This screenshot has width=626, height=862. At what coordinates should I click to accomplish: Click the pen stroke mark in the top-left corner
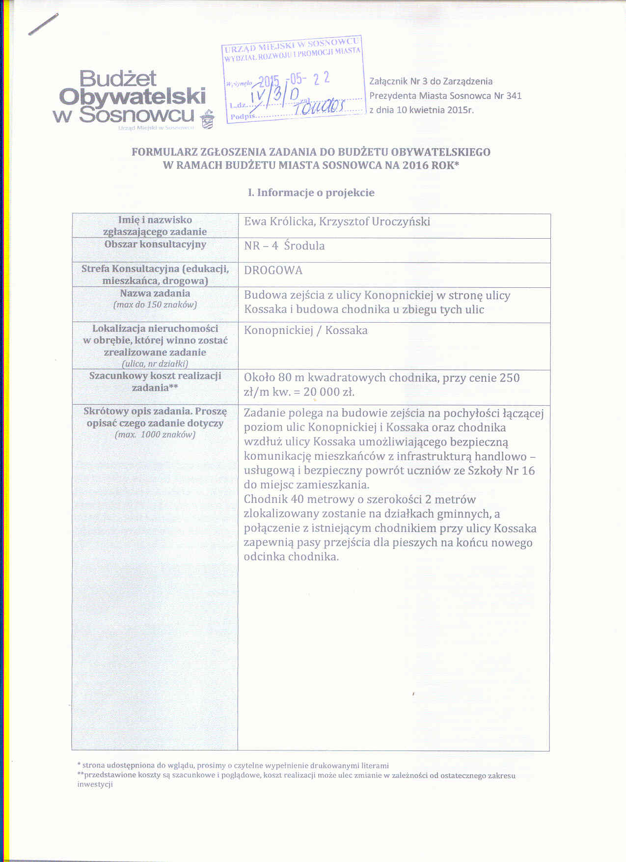tap(43, 24)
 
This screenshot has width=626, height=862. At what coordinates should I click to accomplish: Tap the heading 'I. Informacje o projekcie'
tap(311, 193)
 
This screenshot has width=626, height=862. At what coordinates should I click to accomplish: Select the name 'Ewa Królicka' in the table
tap(279, 222)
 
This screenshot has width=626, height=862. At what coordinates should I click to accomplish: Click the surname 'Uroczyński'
tap(401, 222)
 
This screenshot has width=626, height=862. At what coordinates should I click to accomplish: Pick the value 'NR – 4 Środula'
tap(284, 246)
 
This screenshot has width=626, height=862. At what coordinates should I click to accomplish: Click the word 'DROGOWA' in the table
tap(273, 271)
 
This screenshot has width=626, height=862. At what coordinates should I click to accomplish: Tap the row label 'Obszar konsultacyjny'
tap(155, 244)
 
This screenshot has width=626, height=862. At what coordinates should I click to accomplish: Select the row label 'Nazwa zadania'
tap(155, 294)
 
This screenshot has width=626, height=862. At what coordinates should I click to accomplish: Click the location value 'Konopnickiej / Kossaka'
tap(306, 331)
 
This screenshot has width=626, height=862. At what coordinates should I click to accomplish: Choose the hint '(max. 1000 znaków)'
tap(155, 435)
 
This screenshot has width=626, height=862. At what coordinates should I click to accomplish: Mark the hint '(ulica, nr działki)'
tap(155, 364)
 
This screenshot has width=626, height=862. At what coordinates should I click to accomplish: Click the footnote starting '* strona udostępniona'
tap(233, 765)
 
